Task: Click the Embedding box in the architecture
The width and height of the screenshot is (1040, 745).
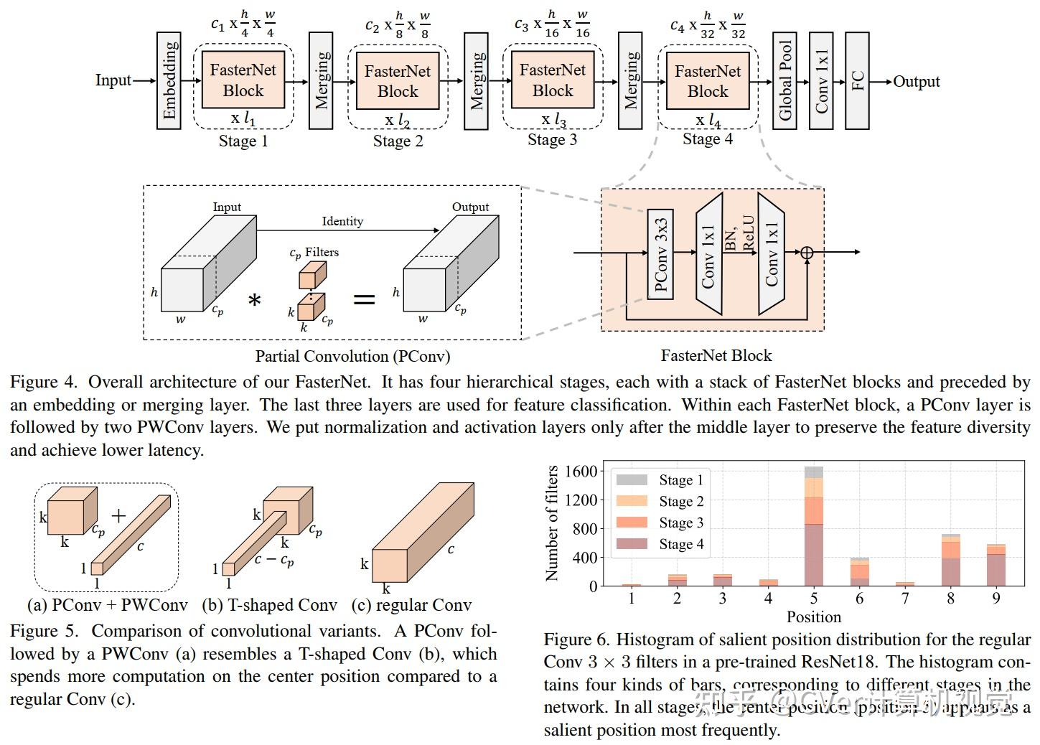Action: (x=169, y=80)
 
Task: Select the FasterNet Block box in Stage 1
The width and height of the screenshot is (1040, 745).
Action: (x=243, y=80)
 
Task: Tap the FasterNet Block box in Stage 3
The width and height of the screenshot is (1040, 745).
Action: (x=552, y=80)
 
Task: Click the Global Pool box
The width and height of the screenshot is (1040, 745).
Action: (x=785, y=80)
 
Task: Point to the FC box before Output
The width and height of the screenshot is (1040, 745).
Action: (x=857, y=80)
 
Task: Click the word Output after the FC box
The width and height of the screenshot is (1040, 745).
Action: (x=916, y=82)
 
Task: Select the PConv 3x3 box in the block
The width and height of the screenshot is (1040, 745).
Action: (x=660, y=254)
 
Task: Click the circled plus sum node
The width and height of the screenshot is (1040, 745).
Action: (x=807, y=253)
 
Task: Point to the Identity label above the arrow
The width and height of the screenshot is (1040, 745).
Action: (x=342, y=221)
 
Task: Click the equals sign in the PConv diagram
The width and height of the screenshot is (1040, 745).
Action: (x=364, y=299)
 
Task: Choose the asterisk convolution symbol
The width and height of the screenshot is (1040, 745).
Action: (x=254, y=301)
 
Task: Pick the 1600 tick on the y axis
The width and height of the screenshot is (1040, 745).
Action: (x=581, y=472)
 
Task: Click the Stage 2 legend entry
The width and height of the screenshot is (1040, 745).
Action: (x=680, y=501)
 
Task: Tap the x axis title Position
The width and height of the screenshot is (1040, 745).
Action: (x=813, y=617)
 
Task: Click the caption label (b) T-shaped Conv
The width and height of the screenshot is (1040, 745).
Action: (x=269, y=605)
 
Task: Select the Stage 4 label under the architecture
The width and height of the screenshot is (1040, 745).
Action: (x=707, y=139)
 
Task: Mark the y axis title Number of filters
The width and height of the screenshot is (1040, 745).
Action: (x=552, y=523)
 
